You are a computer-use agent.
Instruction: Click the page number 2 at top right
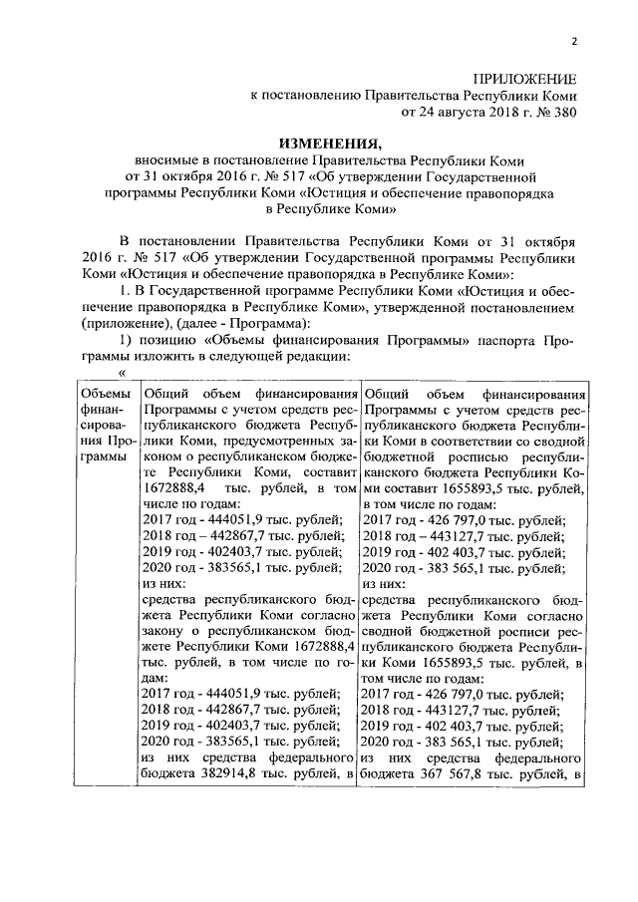(575, 41)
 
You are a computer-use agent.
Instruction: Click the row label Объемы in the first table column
(104, 395)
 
